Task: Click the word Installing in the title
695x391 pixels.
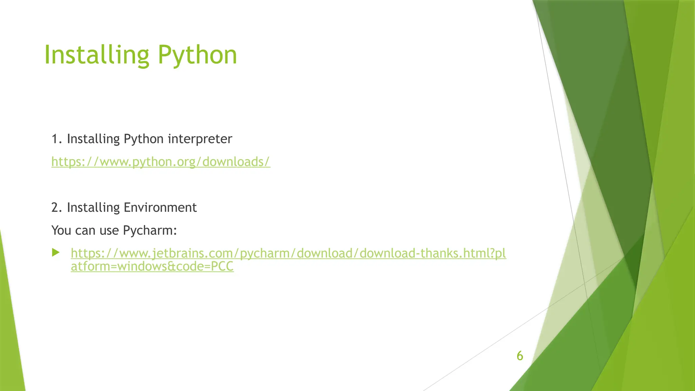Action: pyautogui.click(x=97, y=55)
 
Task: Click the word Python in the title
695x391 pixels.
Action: pyautogui.click(x=197, y=55)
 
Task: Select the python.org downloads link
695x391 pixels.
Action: pyautogui.click(x=161, y=162)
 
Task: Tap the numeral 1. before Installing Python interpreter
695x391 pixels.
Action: pyautogui.click(x=56, y=139)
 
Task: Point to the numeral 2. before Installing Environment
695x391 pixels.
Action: pyautogui.click(x=56, y=208)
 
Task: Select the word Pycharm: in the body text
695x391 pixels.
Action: pyautogui.click(x=150, y=231)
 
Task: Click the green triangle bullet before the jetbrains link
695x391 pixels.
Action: pyautogui.click(x=56, y=253)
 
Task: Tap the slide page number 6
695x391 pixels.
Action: pyautogui.click(x=520, y=356)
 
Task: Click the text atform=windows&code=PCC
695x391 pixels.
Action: pyautogui.click(x=152, y=266)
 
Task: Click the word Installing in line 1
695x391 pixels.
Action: pyautogui.click(x=93, y=139)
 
